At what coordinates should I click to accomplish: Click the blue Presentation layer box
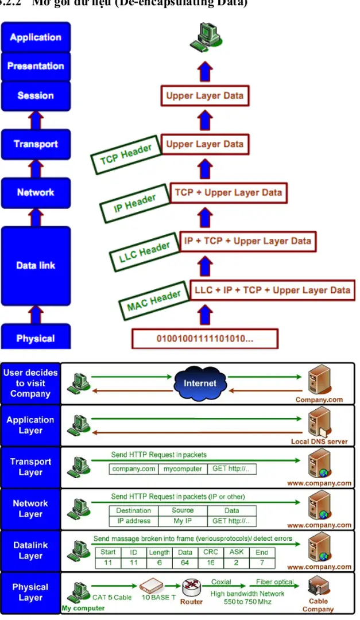(36, 66)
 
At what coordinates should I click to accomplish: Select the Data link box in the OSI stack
(36, 265)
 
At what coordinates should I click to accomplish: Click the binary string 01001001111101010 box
(205, 338)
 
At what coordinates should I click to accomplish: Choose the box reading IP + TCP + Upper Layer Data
(247, 241)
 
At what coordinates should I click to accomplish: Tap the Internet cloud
(200, 383)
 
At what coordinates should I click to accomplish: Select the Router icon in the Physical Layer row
(191, 588)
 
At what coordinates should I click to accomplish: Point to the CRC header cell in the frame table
(211, 552)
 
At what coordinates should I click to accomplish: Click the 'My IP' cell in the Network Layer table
(182, 521)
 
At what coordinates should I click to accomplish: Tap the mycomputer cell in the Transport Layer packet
(182, 469)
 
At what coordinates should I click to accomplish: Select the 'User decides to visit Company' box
(30, 383)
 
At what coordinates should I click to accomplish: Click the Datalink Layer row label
(30, 551)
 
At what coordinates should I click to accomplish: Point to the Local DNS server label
(319, 442)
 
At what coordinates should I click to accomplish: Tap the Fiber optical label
(274, 582)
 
